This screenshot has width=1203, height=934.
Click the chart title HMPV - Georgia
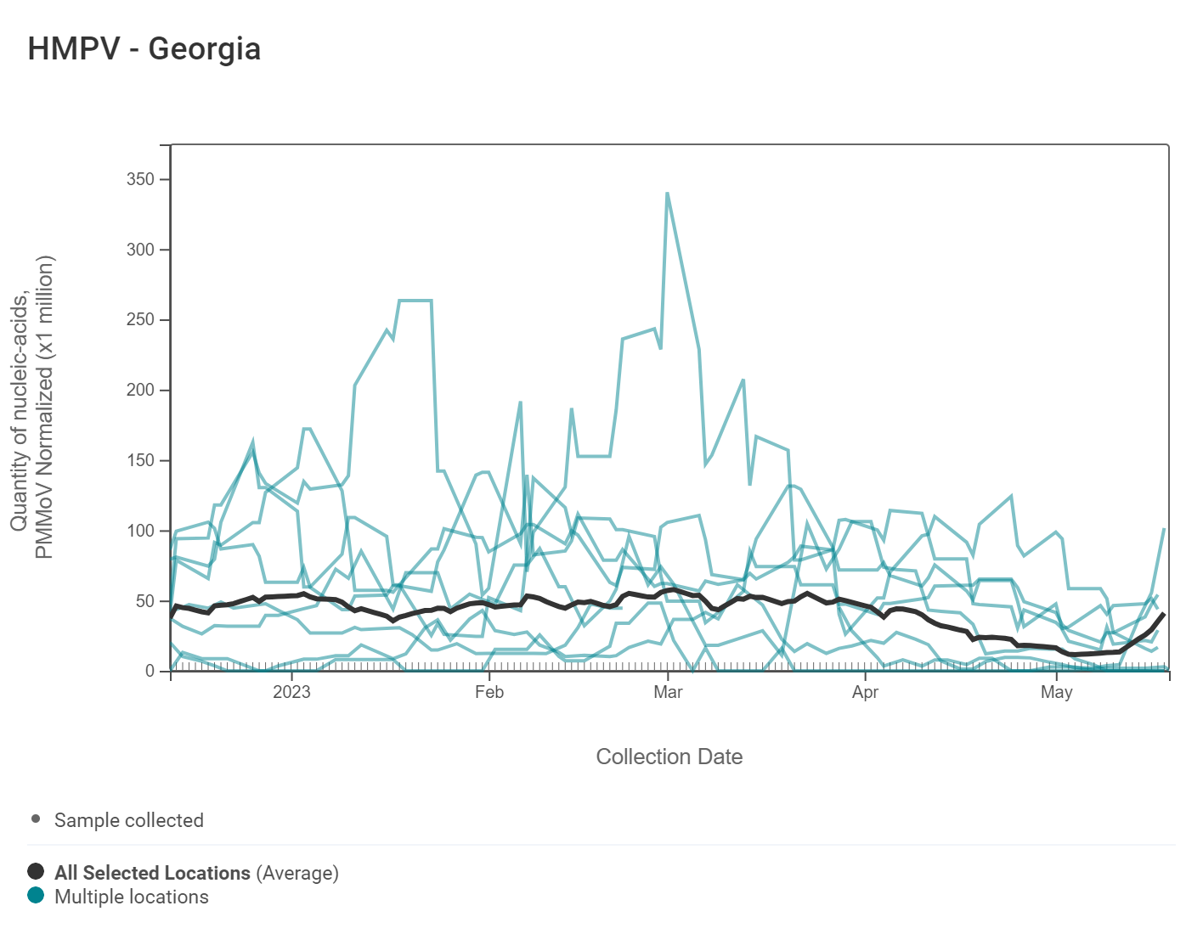[144, 49]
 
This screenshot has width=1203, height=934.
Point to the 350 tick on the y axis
[141, 179]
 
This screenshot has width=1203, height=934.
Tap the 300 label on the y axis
[141, 250]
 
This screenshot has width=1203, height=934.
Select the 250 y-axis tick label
[141, 320]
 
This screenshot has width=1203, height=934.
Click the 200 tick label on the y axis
[141, 391]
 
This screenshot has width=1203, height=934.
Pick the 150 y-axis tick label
[141, 460]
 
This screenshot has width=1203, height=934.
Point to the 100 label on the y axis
[141, 531]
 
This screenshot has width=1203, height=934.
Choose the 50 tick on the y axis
[145, 601]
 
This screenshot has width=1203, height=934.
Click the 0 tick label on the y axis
[150, 671]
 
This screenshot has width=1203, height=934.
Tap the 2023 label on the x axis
[291, 692]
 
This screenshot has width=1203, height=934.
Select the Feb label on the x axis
[489, 692]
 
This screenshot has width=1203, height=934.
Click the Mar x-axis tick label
[668, 692]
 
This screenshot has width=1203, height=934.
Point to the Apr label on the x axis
[865, 692]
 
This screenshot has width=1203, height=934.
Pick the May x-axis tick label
[1056, 692]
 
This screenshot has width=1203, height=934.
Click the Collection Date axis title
[669, 757]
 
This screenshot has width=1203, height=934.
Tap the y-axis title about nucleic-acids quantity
[32, 408]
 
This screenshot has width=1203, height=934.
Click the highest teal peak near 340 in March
[668, 193]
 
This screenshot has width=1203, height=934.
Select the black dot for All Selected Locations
[36, 871]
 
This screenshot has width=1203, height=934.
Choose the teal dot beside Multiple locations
[36, 895]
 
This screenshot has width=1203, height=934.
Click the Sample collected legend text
[129, 820]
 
